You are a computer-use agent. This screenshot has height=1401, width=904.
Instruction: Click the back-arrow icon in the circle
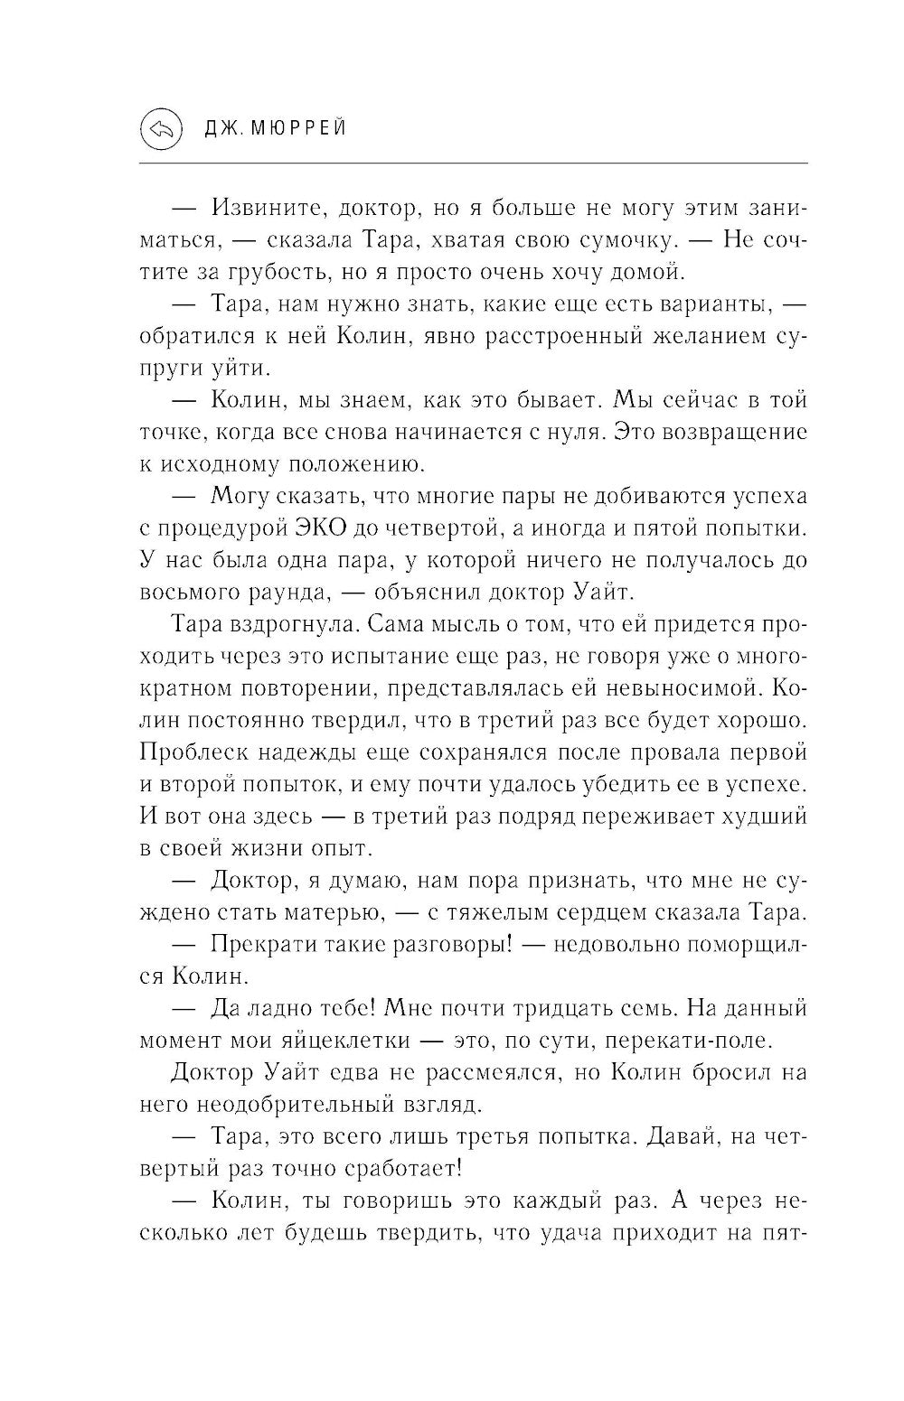162,129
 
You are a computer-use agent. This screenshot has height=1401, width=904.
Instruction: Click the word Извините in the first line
266,209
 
